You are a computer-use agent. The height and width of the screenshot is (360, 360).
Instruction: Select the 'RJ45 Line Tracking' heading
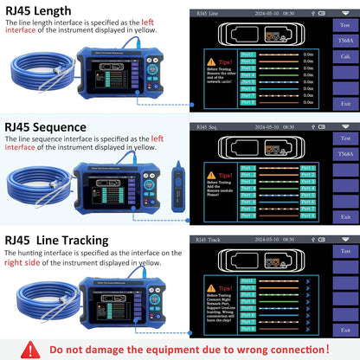tap(58, 239)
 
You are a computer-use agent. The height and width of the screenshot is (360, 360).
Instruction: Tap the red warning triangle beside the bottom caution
tap(31, 349)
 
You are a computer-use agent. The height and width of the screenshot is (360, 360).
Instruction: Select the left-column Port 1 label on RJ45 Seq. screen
tap(248, 168)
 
